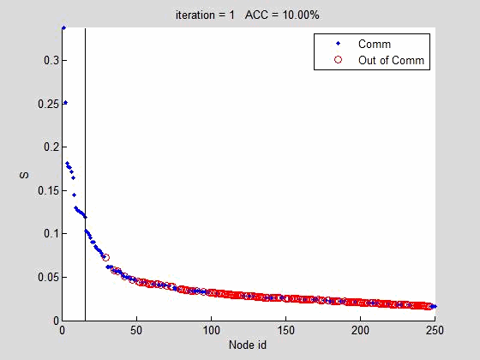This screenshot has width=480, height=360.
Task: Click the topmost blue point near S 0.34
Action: pos(63,28)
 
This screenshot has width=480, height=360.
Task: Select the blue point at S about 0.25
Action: pos(65,103)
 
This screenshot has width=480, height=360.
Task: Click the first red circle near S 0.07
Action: pos(105,257)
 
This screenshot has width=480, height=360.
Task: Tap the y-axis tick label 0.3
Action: pos(51,60)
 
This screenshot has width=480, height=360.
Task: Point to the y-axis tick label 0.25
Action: pos(48,104)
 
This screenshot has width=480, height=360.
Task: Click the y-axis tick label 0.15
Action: pos(48,190)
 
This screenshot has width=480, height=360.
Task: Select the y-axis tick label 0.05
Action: pos(48,277)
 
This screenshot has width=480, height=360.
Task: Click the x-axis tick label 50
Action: pos(136,330)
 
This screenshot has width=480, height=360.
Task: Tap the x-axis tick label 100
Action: pos(211,330)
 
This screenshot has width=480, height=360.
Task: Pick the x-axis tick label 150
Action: pos(285,330)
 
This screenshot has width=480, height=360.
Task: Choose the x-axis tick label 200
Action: pos(360,330)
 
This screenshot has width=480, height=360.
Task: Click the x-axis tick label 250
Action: pos(435,330)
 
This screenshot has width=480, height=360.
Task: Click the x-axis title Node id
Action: pos(248,345)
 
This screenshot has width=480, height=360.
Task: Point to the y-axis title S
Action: pos(24,175)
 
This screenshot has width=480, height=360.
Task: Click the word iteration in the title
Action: pos(195,15)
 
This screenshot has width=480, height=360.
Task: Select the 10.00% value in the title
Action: pos(301,15)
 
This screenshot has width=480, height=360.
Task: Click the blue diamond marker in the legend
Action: pos(338,44)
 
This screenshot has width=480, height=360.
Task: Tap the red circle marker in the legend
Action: pos(338,60)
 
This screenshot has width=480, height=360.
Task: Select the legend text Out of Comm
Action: pos(391,60)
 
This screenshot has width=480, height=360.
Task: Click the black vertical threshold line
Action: pos(85,175)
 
